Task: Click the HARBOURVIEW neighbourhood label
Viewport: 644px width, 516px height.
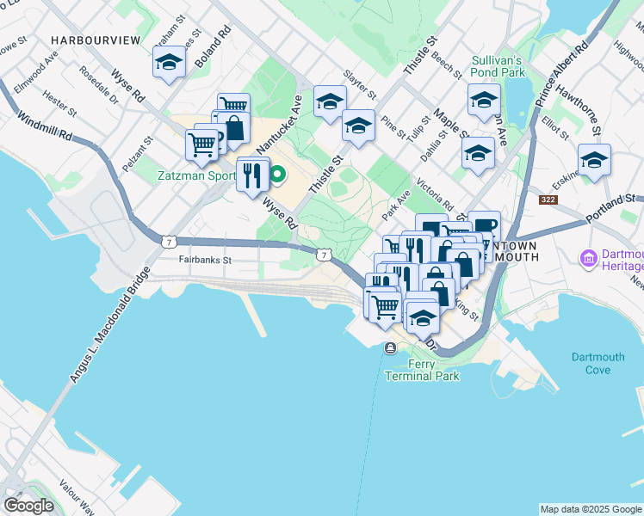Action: coord(95,40)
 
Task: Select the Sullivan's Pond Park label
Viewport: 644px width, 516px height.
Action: coord(498,67)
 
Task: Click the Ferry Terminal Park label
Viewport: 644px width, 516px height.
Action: coord(422,370)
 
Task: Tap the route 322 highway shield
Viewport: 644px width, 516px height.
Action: coord(548,200)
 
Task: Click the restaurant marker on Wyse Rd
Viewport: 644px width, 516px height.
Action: coord(252,175)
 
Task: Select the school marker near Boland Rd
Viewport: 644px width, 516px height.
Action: coord(169,63)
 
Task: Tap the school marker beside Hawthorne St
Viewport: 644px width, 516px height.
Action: coord(594,161)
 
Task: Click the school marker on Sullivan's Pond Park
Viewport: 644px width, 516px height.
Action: coord(484,101)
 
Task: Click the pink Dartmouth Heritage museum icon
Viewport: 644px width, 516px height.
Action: coord(589,257)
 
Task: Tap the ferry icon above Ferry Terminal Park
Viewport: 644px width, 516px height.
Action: coord(391,347)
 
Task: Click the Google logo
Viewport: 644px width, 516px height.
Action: coord(29,505)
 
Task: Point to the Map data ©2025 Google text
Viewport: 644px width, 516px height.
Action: coord(590,509)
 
